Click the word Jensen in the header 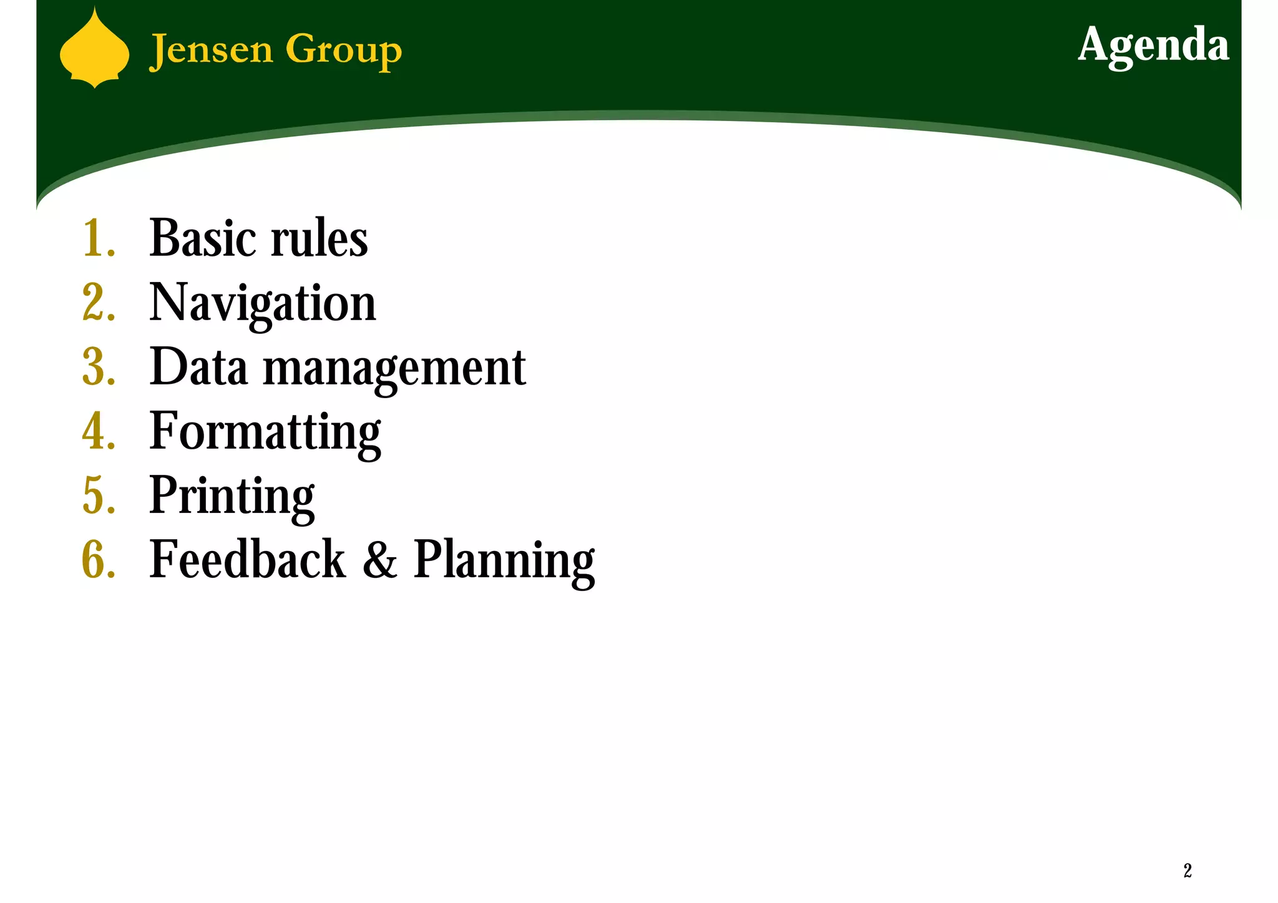point(212,50)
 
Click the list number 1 point(97,239)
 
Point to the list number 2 point(98,303)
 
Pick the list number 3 point(98,368)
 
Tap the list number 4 point(98,432)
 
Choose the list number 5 point(98,496)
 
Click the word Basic point(203,239)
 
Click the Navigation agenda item point(263,304)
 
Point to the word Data point(198,368)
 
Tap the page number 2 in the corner point(1188,871)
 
